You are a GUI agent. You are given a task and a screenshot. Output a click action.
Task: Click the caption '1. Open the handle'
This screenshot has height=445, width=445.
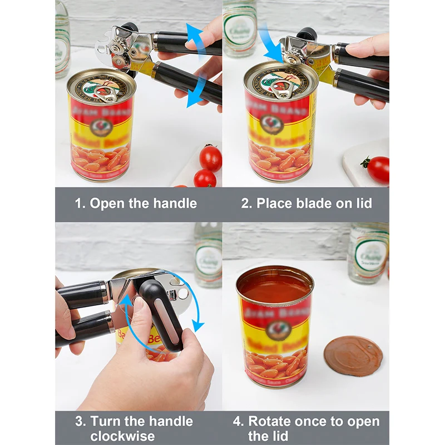pyautogui.click(x=136, y=204)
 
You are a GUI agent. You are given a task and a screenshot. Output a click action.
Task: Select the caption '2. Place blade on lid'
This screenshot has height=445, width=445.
pyautogui.click(x=306, y=204)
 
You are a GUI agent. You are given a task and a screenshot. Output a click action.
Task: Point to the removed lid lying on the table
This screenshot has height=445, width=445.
pyautogui.click(x=353, y=356)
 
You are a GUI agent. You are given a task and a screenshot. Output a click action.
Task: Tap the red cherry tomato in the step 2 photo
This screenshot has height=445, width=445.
pyautogui.click(x=378, y=170)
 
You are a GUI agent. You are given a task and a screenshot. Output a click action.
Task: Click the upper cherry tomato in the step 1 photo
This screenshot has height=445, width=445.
pyautogui.click(x=211, y=158)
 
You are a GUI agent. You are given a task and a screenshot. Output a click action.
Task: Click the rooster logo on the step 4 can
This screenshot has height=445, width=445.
pyautogui.click(x=274, y=328)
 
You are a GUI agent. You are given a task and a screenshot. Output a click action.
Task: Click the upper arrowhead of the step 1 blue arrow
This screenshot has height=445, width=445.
pyautogui.click(x=192, y=31)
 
